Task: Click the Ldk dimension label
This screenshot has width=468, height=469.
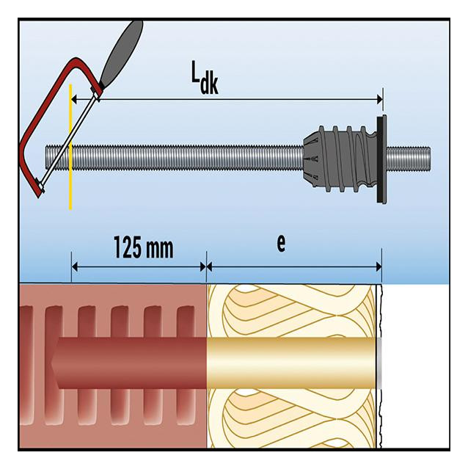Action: [x=205, y=78]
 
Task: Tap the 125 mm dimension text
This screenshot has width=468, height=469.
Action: [x=144, y=247]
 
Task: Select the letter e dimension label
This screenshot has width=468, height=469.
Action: [x=281, y=243]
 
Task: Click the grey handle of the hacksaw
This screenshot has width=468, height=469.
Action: [x=121, y=54]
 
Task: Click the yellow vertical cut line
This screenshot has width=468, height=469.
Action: [x=70, y=147]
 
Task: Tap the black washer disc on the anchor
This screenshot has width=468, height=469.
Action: [x=381, y=159]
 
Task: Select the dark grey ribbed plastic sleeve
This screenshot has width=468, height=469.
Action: [x=340, y=159]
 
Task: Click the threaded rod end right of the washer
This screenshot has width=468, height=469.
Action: [x=409, y=159]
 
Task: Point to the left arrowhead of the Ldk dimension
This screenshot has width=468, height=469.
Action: [x=75, y=99]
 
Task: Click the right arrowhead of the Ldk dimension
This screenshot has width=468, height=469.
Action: [x=379, y=99]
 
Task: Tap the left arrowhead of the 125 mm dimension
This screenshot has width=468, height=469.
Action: [x=75, y=266]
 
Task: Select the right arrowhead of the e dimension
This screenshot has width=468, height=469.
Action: [x=378, y=266]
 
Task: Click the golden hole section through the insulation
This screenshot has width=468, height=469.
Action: [x=291, y=363]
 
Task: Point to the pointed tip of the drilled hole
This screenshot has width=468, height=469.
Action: [x=51, y=363]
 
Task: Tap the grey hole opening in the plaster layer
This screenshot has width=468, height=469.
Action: [x=379, y=363]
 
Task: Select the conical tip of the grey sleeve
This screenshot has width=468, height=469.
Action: [x=311, y=159]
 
